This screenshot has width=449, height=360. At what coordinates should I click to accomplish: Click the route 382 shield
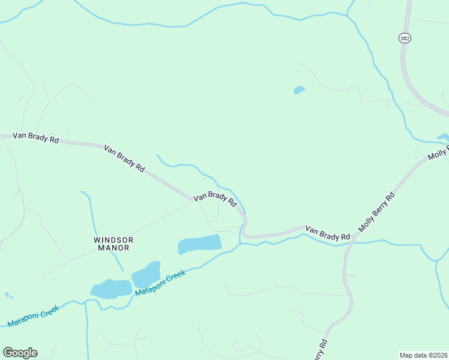coord(404,38)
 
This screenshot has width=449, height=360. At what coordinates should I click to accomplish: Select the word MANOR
coord(113,247)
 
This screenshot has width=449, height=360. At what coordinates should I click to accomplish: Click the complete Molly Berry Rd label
coord(376,212)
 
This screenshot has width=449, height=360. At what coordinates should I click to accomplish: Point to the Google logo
coord(20,353)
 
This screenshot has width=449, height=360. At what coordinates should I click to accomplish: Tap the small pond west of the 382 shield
coord(299,91)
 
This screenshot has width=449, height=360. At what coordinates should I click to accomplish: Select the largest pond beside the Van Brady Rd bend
coord(200,244)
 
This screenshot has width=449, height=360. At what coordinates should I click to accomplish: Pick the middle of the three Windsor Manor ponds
coord(146,274)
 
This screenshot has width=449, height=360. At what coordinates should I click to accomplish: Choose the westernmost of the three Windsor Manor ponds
coord(112,289)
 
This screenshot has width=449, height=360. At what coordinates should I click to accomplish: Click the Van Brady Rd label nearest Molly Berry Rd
coord(328,233)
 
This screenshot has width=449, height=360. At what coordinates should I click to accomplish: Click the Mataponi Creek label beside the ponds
coord(160,283)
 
